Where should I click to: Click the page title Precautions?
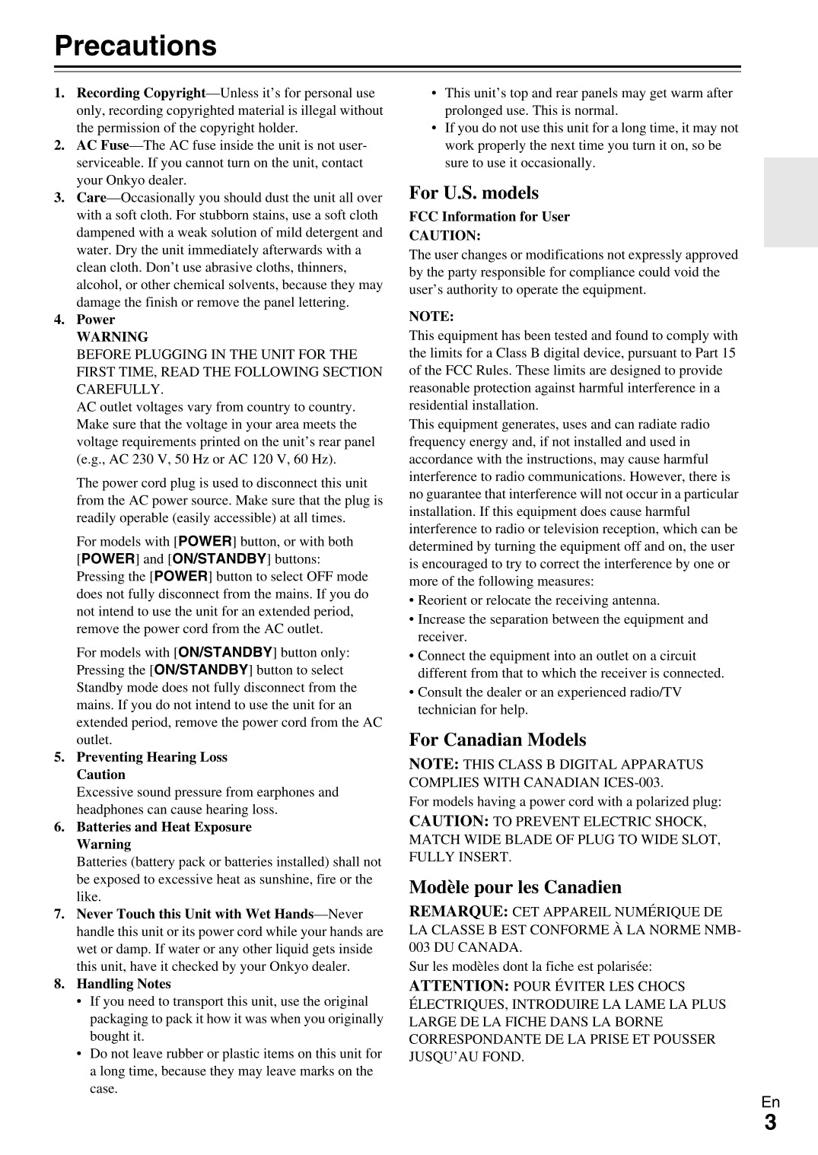click(x=135, y=46)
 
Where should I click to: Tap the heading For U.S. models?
click(x=473, y=192)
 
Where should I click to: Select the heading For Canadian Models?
click(x=497, y=740)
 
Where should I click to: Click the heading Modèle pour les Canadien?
click(x=514, y=887)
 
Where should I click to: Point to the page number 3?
click(x=770, y=1122)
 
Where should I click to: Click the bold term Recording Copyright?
click(x=141, y=93)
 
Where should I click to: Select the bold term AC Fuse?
click(x=103, y=145)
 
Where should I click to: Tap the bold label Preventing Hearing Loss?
click(x=151, y=757)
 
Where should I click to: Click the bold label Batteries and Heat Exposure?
click(x=164, y=827)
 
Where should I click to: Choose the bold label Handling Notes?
click(x=123, y=984)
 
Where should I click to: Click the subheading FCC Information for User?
click(x=489, y=217)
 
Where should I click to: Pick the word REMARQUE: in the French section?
click(x=458, y=912)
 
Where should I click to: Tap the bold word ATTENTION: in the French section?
click(x=459, y=986)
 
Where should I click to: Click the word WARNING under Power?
click(x=112, y=337)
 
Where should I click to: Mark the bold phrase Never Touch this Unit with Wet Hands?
click(x=195, y=914)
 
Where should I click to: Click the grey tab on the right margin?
click(x=791, y=202)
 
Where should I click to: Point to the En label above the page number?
click(x=770, y=1102)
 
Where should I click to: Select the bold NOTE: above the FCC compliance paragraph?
click(x=431, y=317)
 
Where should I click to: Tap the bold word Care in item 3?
click(x=91, y=198)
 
